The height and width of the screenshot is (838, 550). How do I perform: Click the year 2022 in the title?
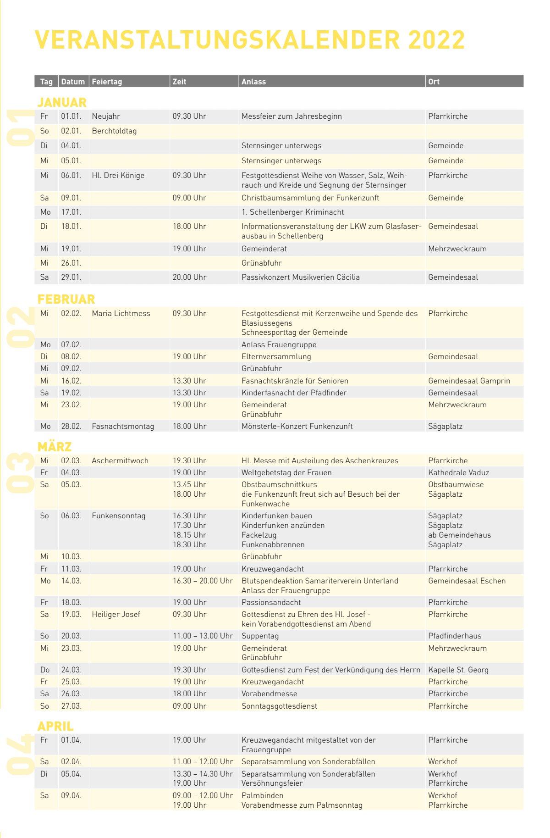click(436, 40)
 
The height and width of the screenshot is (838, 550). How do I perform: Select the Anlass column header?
click(253, 82)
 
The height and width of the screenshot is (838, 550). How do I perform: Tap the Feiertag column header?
click(107, 82)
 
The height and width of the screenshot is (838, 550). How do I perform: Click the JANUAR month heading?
click(62, 102)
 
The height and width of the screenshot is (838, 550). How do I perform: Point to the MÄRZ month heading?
click(55, 446)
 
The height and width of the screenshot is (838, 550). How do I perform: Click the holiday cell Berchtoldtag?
click(114, 131)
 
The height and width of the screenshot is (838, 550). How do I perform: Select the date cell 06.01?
click(71, 175)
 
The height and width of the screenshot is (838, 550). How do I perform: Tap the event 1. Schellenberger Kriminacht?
click(292, 212)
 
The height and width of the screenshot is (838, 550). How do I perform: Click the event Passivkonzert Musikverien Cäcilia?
click(300, 277)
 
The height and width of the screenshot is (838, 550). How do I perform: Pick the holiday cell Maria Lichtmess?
click(121, 313)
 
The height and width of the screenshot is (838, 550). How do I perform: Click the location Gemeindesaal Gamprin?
click(469, 381)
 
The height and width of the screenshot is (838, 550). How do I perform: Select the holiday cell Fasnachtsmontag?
click(123, 426)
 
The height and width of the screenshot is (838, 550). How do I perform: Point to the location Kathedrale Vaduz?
click(458, 472)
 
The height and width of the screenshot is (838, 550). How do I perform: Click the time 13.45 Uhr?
click(189, 484)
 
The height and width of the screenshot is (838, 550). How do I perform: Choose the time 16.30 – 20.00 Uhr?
click(203, 581)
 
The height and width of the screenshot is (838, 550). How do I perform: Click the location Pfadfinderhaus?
click(455, 636)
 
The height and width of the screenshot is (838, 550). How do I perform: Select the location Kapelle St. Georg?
click(458, 670)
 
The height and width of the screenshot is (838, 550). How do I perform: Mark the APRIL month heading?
click(55, 726)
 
